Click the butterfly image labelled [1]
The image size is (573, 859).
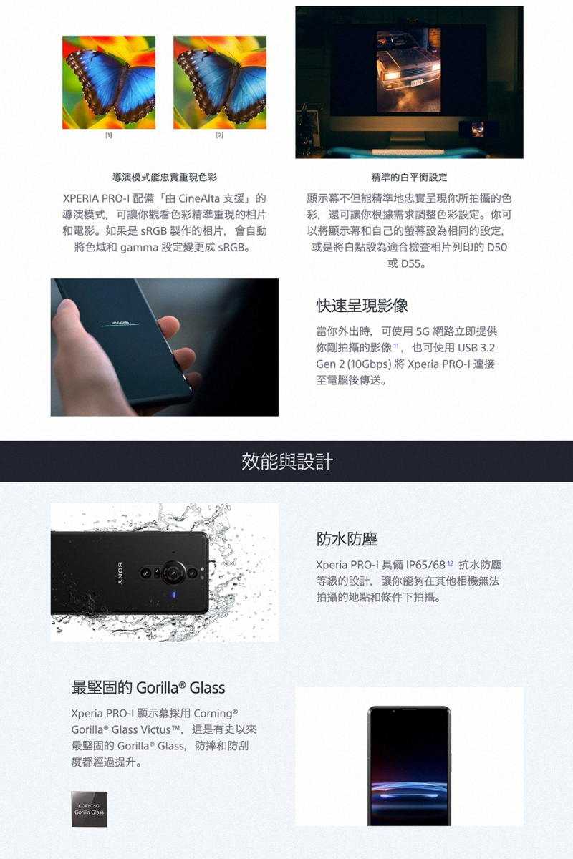click(x=109, y=82)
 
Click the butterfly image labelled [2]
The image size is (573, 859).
click(x=220, y=82)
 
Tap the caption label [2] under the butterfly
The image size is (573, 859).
click(x=220, y=135)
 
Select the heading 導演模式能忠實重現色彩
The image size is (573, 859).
click(x=165, y=177)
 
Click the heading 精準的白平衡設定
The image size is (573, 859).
click(x=409, y=177)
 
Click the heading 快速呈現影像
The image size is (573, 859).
click(x=362, y=306)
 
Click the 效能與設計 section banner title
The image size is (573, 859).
click(x=286, y=462)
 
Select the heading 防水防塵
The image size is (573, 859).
click(x=347, y=539)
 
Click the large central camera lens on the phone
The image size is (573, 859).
click(x=173, y=572)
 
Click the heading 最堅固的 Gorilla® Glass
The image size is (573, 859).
click(x=148, y=688)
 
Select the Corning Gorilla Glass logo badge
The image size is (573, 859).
click(x=89, y=810)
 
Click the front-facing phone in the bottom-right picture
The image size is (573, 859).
click(x=409, y=765)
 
